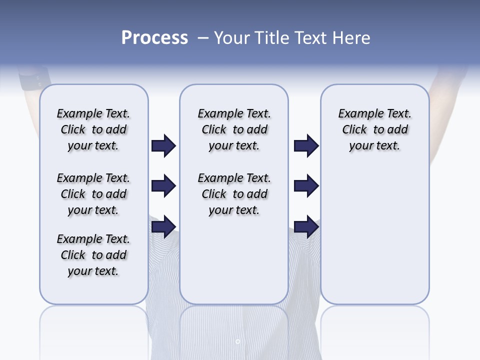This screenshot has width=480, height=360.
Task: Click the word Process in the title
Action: [x=154, y=38]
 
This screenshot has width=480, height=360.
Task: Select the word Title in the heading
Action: [x=272, y=38]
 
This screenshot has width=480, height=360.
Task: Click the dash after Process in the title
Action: [x=203, y=38]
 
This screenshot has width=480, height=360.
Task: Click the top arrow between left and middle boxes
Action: [x=163, y=146]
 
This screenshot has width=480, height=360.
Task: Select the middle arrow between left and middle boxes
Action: [x=163, y=186]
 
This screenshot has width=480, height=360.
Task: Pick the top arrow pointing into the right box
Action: [x=306, y=146]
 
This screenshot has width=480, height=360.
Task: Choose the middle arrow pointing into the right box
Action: [x=306, y=186]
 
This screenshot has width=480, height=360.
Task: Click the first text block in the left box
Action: [x=93, y=129]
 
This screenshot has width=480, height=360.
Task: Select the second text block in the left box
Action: [x=93, y=194]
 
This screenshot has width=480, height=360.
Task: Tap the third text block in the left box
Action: [x=93, y=255]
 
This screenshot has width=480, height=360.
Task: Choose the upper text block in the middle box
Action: [x=234, y=129]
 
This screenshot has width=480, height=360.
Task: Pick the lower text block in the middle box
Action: [x=234, y=194]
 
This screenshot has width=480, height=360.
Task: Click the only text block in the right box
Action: [x=374, y=129]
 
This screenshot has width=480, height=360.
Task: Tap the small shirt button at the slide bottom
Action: [x=237, y=341]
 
